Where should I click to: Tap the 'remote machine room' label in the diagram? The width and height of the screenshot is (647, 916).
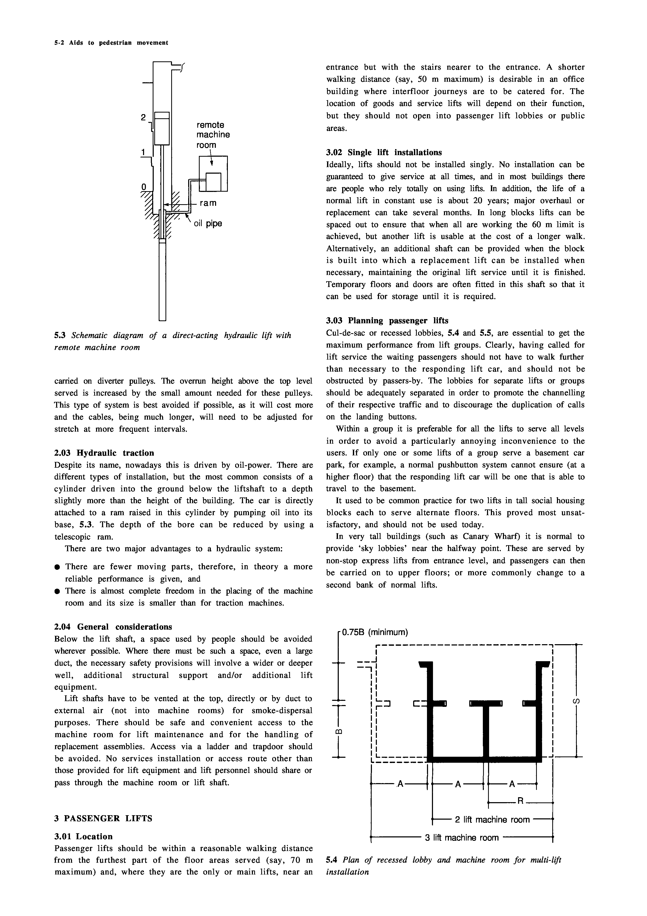213,135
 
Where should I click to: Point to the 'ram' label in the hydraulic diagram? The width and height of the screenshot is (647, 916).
208,203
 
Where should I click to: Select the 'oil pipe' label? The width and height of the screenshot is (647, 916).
208,224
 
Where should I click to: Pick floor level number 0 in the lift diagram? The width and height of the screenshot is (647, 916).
144,187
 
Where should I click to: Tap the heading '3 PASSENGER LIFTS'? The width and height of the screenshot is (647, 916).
103,818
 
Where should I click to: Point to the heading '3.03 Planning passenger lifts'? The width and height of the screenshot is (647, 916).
387,320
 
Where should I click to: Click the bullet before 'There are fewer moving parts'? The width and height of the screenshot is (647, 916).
57,567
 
